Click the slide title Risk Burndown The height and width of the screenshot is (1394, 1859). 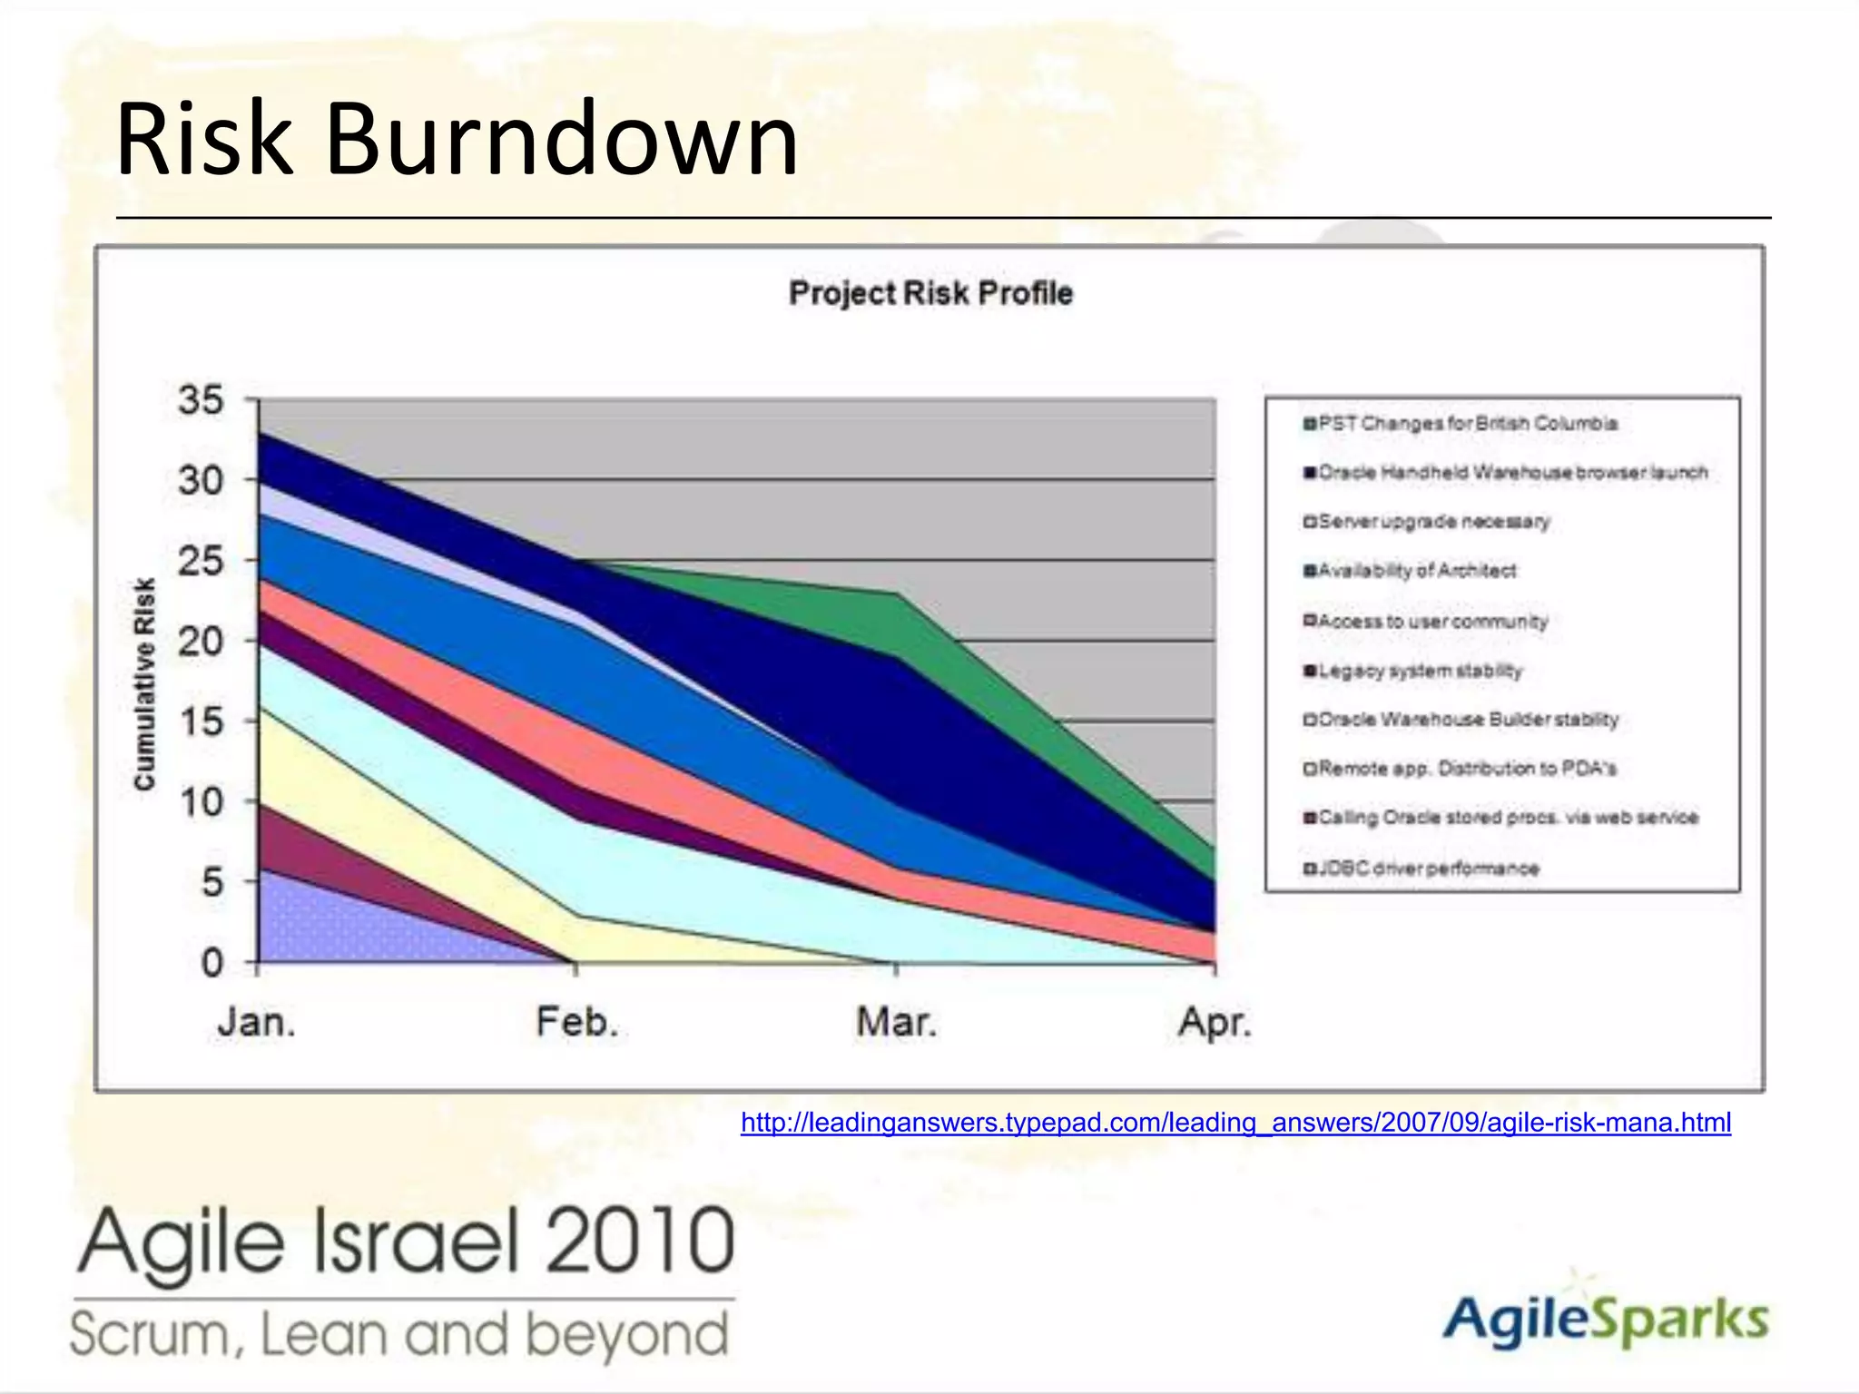457,139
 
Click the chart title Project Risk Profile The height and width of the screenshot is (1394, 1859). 930,293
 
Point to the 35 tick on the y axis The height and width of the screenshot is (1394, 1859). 201,400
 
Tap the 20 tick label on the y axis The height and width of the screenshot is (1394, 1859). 201,642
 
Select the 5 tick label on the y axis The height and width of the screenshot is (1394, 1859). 211,882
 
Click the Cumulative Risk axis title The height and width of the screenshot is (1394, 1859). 144,683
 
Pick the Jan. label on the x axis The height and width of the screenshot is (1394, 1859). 257,1023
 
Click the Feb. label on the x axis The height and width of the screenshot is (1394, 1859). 577,1023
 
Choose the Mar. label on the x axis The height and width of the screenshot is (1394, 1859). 896,1023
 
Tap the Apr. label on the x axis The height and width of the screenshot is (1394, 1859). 1215,1023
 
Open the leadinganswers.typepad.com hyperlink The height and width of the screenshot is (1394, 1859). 1235,1123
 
